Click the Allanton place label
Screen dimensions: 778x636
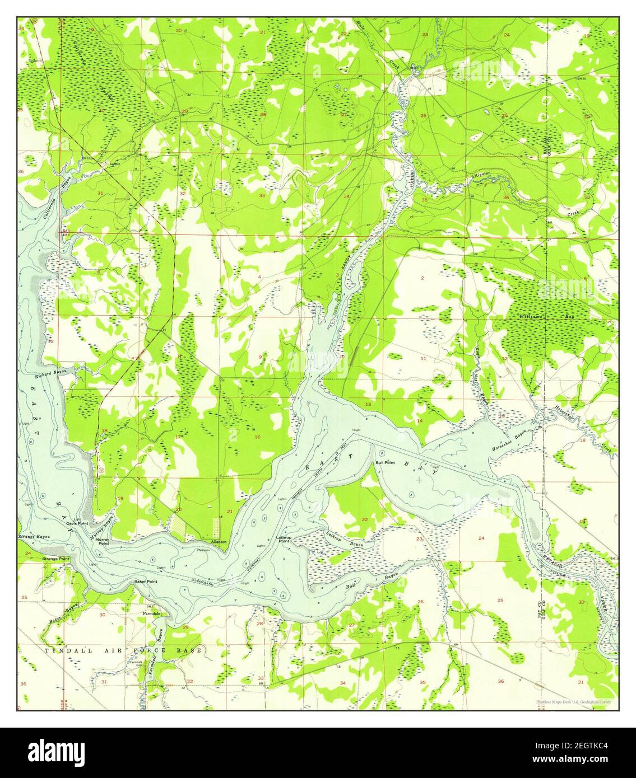(x=219, y=542)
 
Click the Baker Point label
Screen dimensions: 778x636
(x=145, y=582)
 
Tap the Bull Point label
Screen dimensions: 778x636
(x=386, y=463)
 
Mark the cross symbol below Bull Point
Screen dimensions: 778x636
(x=419, y=480)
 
